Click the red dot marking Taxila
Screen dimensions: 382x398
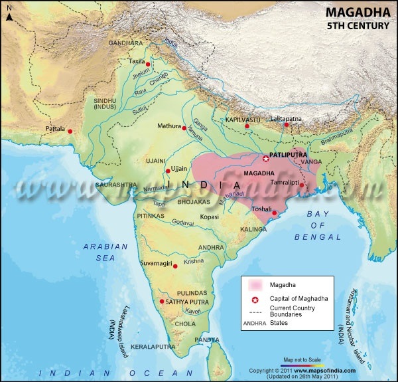click(x=149, y=64)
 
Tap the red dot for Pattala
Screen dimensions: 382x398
click(x=70, y=132)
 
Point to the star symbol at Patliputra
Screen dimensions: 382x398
click(x=266, y=159)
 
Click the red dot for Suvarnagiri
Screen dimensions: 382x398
click(x=175, y=265)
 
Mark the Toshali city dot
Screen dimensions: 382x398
click(x=274, y=213)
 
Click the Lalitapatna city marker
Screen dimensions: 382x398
click(x=287, y=125)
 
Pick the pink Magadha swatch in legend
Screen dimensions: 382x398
click(x=256, y=284)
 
